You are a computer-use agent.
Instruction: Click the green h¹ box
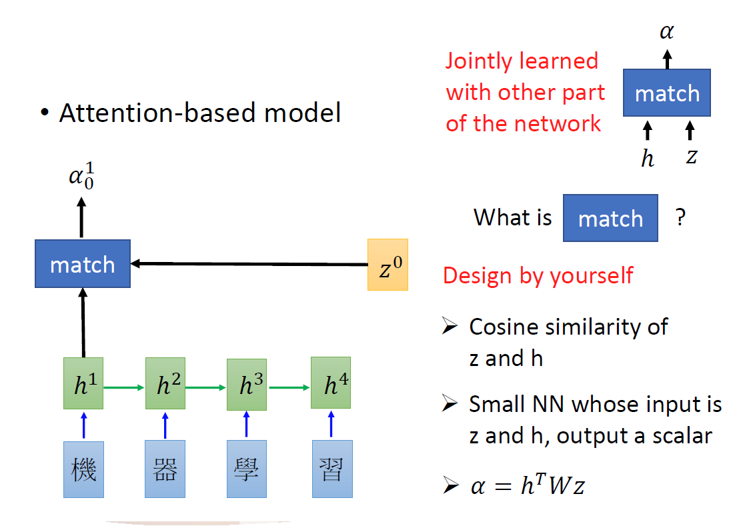pyautogui.click(x=83, y=383)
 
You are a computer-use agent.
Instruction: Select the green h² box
pyautogui.click(x=165, y=384)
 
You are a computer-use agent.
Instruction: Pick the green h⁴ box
pyautogui.click(x=330, y=383)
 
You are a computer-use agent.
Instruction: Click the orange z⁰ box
pyautogui.click(x=388, y=265)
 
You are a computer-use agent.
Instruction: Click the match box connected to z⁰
pyautogui.click(x=83, y=265)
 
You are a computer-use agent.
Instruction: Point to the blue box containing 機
pyautogui.click(x=83, y=469)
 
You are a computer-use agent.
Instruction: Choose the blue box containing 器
pyautogui.click(x=165, y=469)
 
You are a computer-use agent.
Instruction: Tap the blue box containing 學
pyautogui.click(x=247, y=469)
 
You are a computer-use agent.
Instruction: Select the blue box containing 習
pyautogui.click(x=331, y=469)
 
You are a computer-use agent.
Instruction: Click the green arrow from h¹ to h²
pyautogui.click(x=124, y=386)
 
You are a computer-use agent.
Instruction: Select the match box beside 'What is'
pyautogui.click(x=610, y=218)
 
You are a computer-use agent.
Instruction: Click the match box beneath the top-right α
pyautogui.click(x=667, y=93)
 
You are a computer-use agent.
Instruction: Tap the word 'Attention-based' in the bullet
pyautogui.click(x=158, y=113)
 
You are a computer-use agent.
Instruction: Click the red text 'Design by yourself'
pyautogui.click(x=538, y=275)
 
